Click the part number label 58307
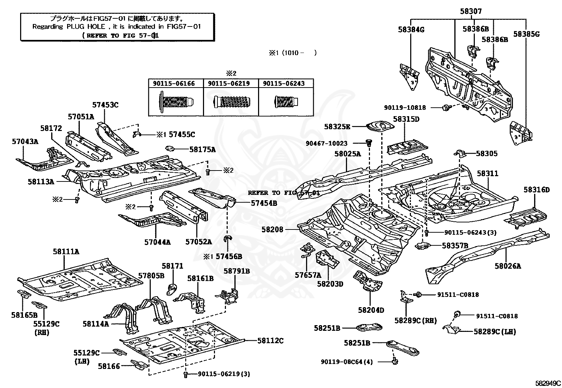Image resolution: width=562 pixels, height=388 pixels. (471, 12)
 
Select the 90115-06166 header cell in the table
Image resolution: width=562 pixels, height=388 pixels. (174, 84)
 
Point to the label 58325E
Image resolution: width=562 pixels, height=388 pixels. (337, 126)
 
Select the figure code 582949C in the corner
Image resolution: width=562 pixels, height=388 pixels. (548, 383)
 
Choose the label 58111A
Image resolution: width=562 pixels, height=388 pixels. (66, 252)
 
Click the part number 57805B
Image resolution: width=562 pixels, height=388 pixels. (151, 275)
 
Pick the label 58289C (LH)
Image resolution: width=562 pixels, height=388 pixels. (495, 332)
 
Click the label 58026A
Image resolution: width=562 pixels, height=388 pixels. (508, 266)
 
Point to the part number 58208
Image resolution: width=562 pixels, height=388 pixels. (272, 229)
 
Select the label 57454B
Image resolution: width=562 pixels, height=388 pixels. (264, 203)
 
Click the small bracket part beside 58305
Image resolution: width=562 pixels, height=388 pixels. (459, 153)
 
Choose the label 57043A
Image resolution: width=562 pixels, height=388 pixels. (25, 142)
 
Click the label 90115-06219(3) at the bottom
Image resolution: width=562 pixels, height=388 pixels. (223, 374)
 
